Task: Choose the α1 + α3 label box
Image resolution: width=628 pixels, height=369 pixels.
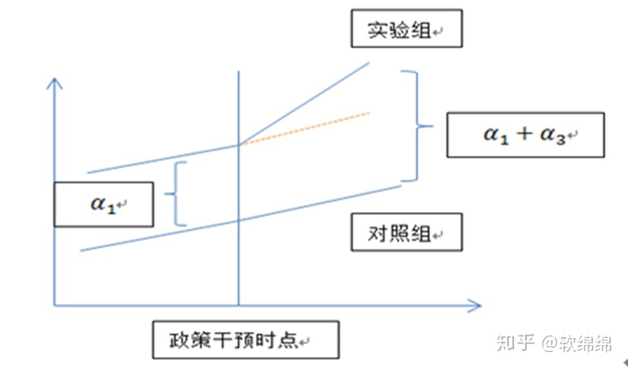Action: click(525, 135)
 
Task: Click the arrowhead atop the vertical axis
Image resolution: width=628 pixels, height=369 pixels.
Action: click(55, 83)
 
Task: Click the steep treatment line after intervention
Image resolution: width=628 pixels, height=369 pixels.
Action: click(304, 102)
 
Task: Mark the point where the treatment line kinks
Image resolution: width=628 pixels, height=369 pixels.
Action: click(238, 145)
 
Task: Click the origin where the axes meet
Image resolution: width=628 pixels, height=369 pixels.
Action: click(55, 303)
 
